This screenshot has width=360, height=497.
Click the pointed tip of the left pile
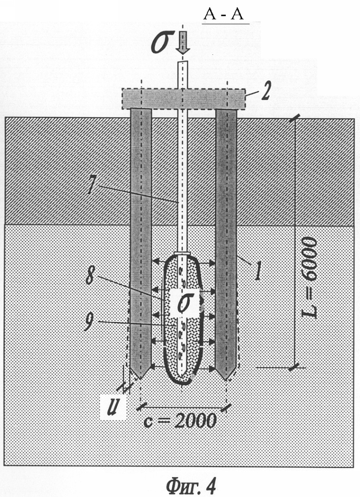coord(140,377)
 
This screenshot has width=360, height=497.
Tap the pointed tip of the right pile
coord(225,378)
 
